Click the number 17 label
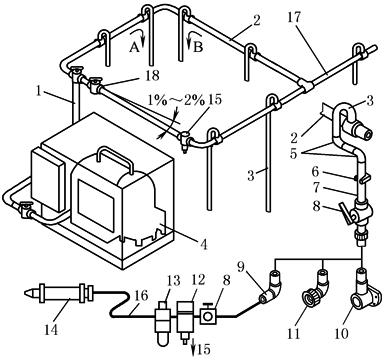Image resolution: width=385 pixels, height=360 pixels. pyautogui.click(x=294, y=17)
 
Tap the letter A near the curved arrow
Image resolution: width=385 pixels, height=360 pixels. pyautogui.click(x=134, y=48)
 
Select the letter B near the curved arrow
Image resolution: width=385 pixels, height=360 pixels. pyautogui.click(x=198, y=47)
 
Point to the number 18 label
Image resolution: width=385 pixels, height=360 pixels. pyautogui.click(x=152, y=75)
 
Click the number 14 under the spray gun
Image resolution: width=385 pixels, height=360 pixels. pyautogui.click(x=52, y=330)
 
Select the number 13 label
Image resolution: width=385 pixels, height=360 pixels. pyautogui.click(x=173, y=281)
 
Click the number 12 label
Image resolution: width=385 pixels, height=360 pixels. pyautogui.click(x=199, y=280)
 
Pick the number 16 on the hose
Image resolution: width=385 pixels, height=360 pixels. pyautogui.click(x=141, y=296)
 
